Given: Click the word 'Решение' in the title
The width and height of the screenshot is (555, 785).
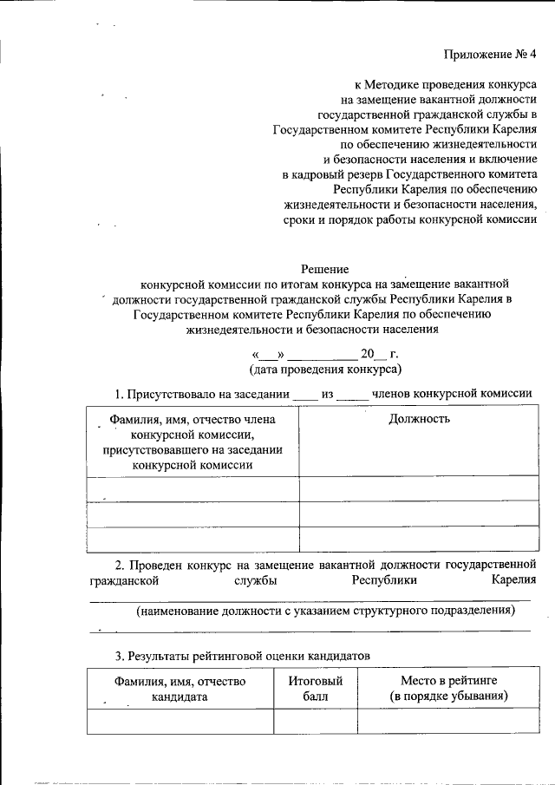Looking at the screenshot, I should coord(324,269).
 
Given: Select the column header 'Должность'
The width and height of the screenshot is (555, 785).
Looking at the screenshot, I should coord(418,419).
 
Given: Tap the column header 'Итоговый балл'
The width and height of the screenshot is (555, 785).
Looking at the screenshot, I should coord(316,689).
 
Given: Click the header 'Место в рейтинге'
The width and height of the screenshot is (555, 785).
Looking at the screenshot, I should coord(448,681).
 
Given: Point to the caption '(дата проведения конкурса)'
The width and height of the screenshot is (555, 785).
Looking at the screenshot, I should coord(324,370).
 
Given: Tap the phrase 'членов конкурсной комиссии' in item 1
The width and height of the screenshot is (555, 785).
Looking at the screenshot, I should coord(452,394).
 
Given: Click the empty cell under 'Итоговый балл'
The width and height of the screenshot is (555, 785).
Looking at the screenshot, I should coord(316,721).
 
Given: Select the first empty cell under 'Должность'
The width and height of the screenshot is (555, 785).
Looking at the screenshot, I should coord(418,489).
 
